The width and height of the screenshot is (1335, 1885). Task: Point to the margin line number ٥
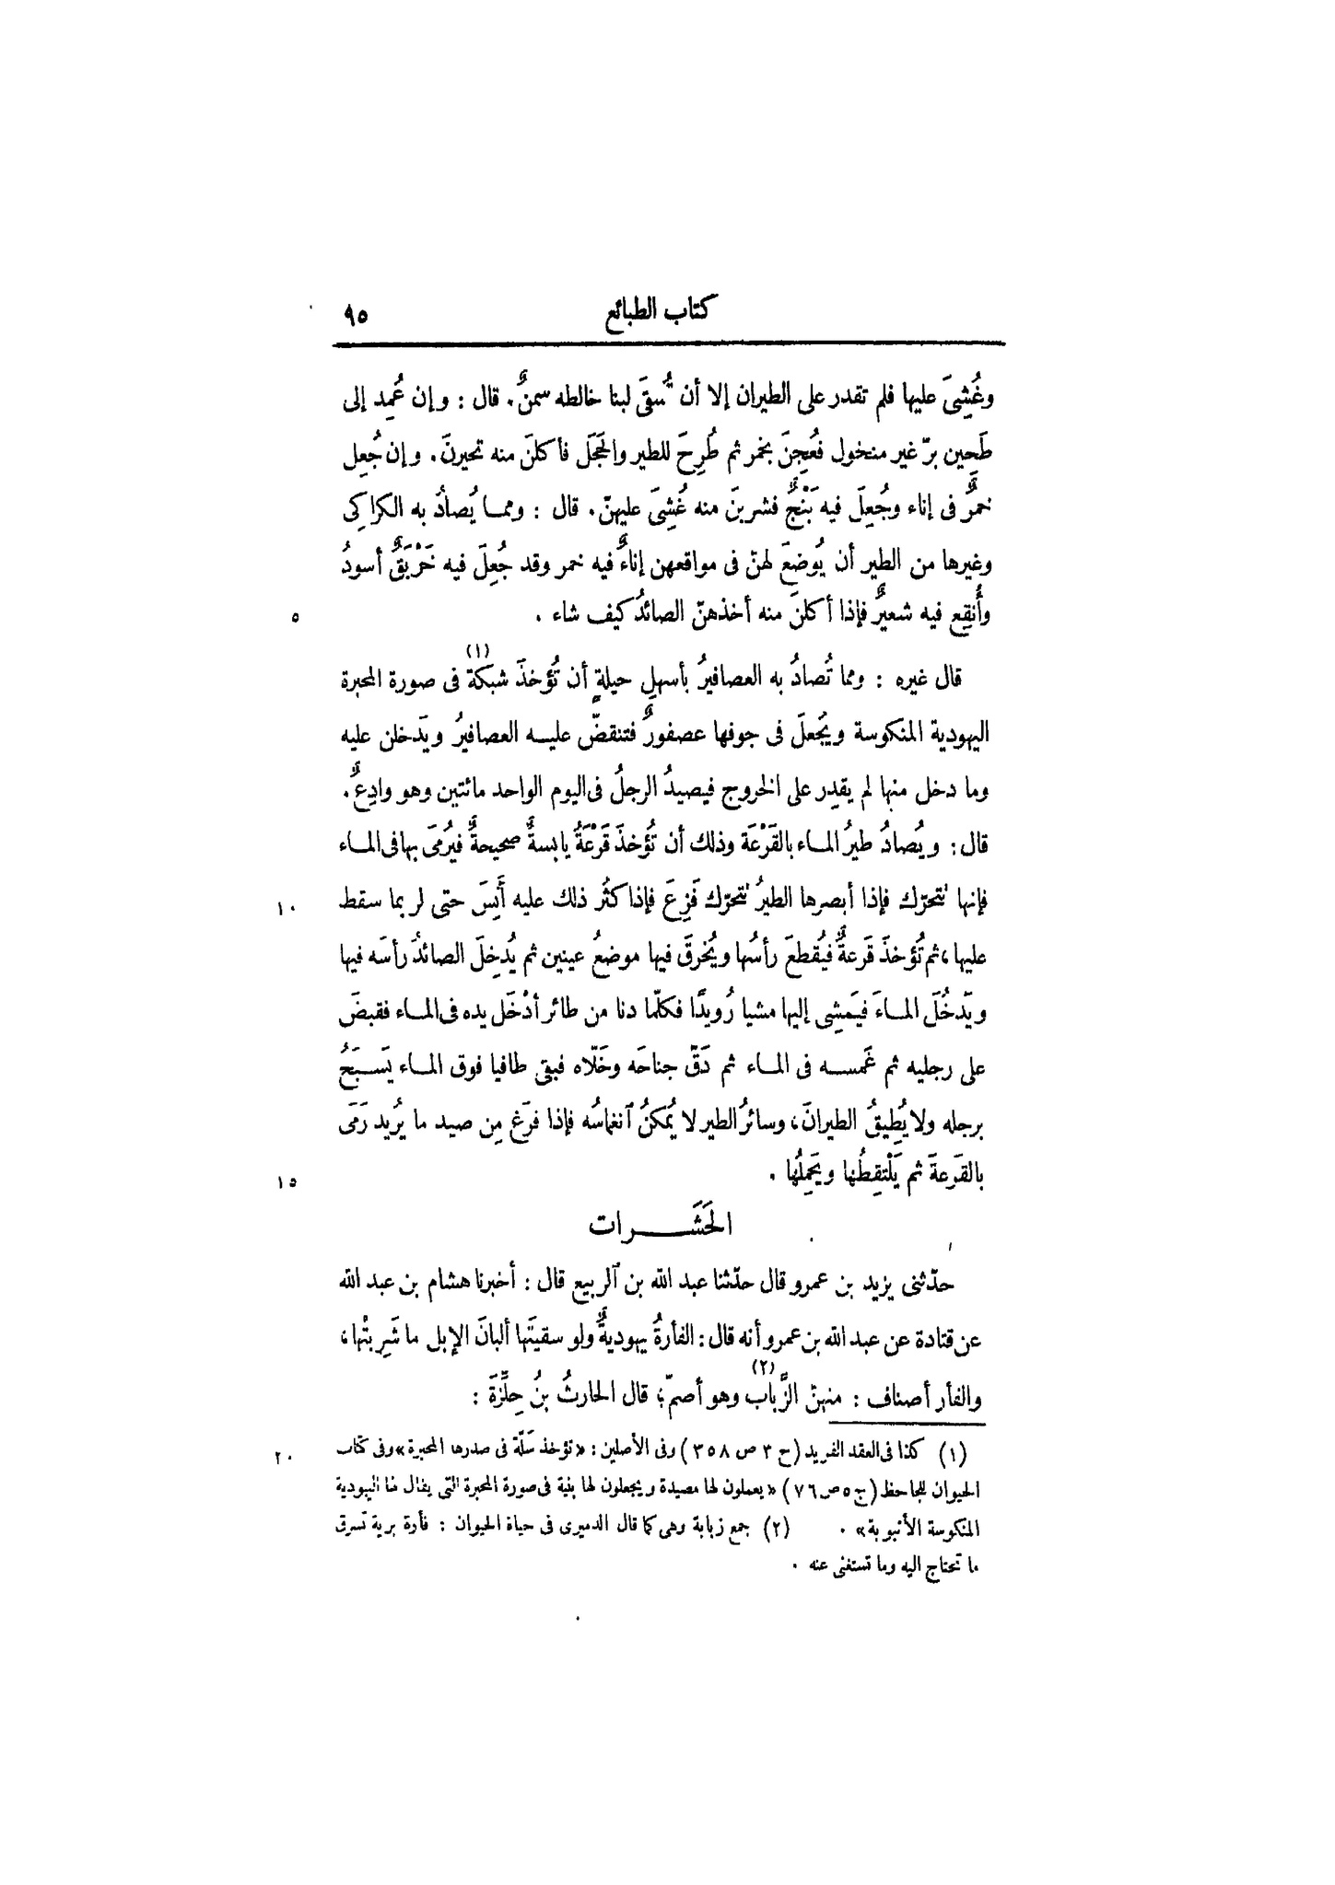coord(294,619)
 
